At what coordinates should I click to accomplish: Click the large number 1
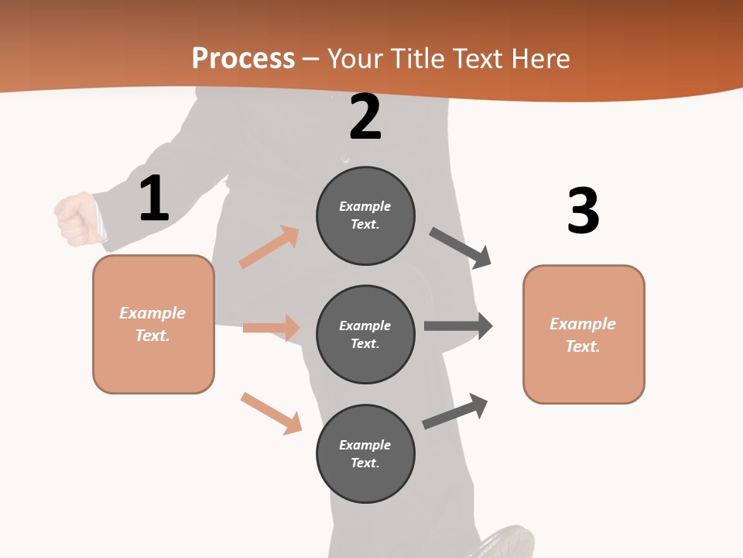pyautogui.click(x=154, y=199)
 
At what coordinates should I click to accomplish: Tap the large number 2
pyautogui.click(x=365, y=117)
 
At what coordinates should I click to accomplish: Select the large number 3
pyautogui.click(x=583, y=211)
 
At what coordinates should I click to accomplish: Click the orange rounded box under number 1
pyautogui.click(x=153, y=324)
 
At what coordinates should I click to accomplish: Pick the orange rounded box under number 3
pyautogui.click(x=584, y=334)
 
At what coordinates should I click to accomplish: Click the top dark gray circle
pyautogui.click(x=365, y=215)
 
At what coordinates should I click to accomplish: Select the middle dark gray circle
pyautogui.click(x=365, y=334)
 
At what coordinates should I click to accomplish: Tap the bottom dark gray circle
pyautogui.click(x=365, y=453)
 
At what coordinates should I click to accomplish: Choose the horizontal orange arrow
pyautogui.click(x=271, y=328)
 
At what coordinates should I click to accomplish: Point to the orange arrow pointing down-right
pyautogui.click(x=271, y=413)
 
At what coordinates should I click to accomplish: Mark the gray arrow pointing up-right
pyautogui.click(x=455, y=412)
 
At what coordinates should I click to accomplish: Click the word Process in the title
pyautogui.click(x=243, y=58)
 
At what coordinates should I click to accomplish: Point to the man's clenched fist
pyautogui.click(x=75, y=219)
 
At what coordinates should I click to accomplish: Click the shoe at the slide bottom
pyautogui.click(x=506, y=542)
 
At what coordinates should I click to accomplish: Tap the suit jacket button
pyautogui.click(x=345, y=159)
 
